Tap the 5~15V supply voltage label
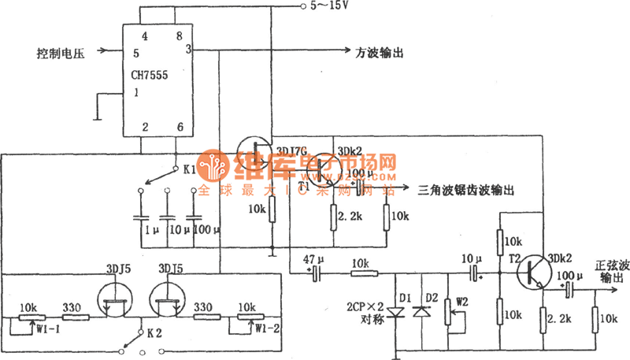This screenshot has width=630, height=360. (330, 7)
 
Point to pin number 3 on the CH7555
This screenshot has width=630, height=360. (188, 49)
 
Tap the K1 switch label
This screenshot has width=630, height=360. (191, 169)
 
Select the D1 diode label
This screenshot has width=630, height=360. (406, 297)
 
